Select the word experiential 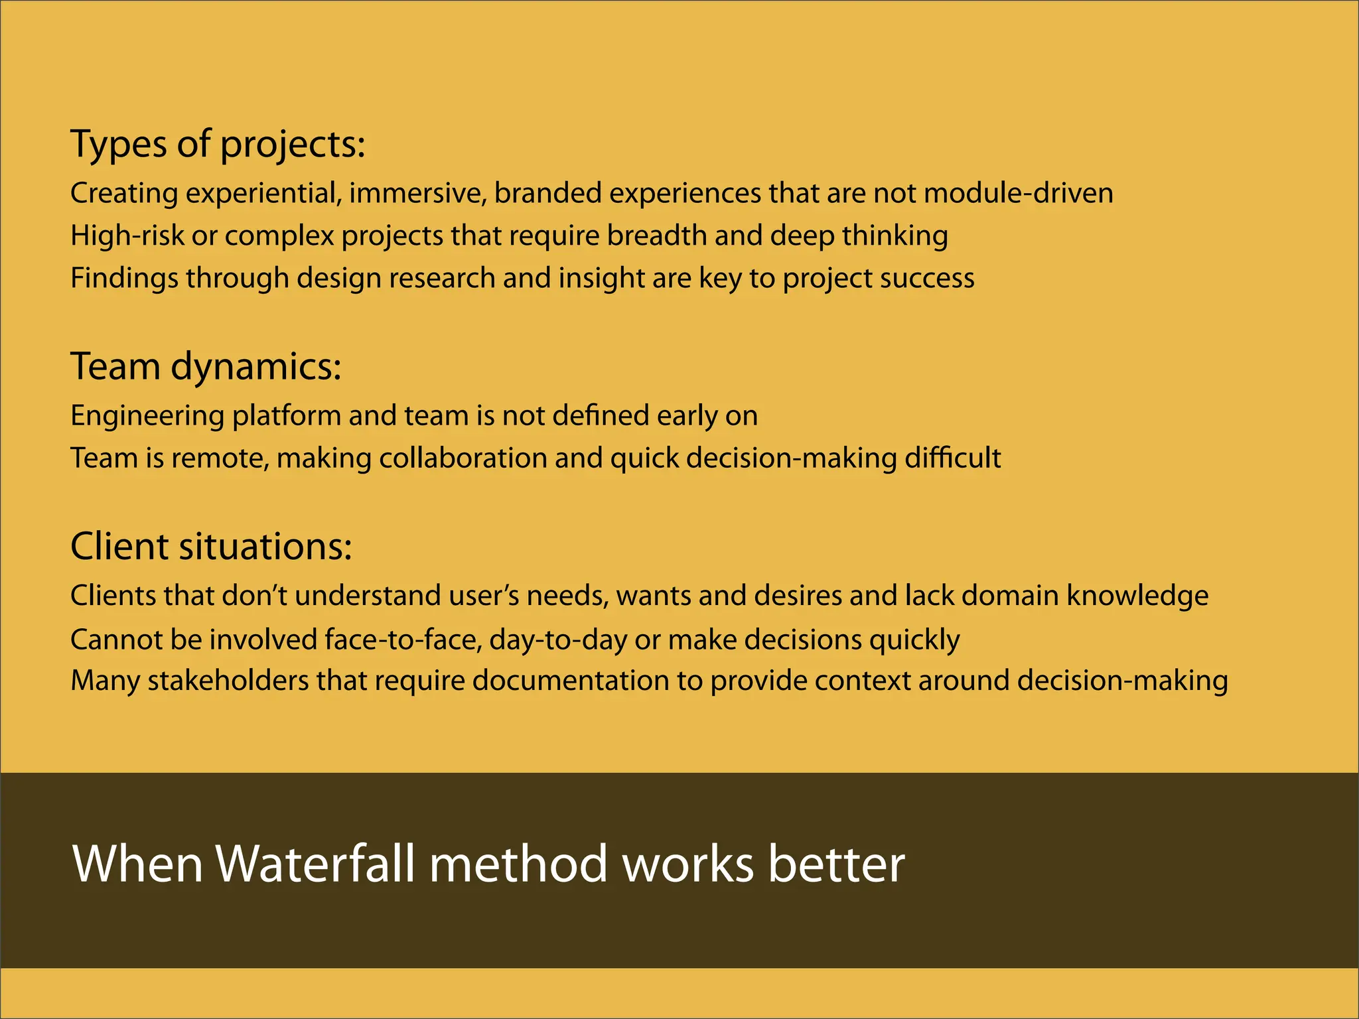(263, 193)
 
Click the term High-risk (127, 236)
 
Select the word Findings (124, 278)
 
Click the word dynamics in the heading (255, 366)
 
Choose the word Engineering (147, 416)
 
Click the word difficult (953, 458)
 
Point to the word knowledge (1137, 596)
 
